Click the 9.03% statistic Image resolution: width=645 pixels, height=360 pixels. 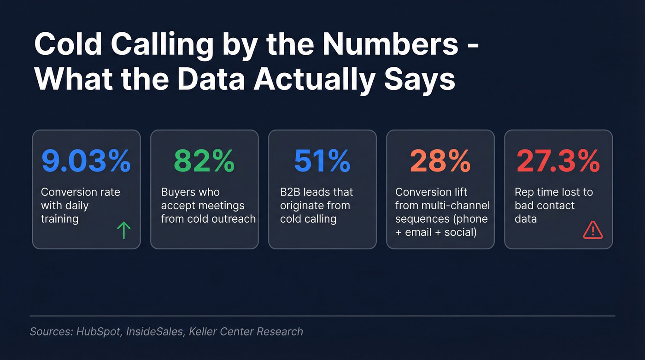pos(86,161)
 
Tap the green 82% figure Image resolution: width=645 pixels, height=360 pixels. pos(204,161)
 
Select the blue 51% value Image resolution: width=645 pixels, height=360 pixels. pos(322,161)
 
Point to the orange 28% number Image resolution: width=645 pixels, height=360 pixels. pos(440,161)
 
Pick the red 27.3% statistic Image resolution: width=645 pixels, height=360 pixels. pos(558,161)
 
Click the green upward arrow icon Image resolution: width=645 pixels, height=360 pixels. pos(124,230)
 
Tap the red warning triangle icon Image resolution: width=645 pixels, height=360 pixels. pos(592,230)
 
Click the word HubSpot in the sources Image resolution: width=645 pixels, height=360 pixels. pos(97,331)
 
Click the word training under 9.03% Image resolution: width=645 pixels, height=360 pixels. pos(59,218)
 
